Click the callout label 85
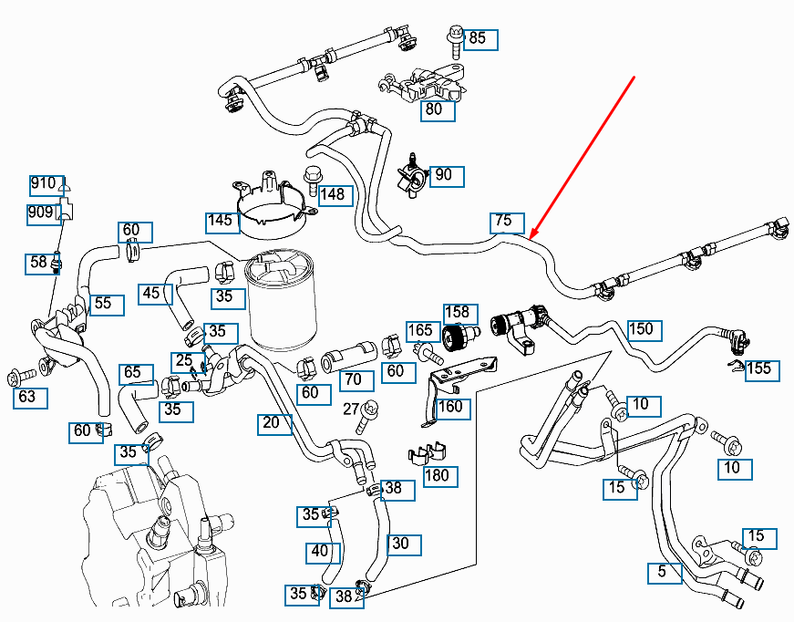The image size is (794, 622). pyautogui.click(x=481, y=39)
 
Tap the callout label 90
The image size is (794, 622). pyautogui.click(x=447, y=175)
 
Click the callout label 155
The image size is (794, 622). pyautogui.click(x=760, y=368)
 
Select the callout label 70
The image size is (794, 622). pyautogui.click(x=354, y=378)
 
